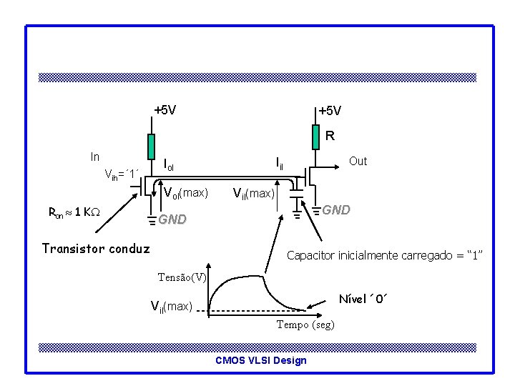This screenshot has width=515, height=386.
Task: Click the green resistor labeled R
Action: (x=314, y=137)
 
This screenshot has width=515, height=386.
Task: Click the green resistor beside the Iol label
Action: (x=151, y=147)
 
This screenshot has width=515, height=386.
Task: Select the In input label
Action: (x=95, y=157)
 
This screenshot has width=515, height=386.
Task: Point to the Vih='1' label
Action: (x=121, y=174)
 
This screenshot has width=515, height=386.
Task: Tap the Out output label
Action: (x=358, y=162)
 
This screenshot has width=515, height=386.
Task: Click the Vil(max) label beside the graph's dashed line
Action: (x=171, y=307)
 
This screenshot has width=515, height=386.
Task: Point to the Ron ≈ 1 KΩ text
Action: (x=73, y=212)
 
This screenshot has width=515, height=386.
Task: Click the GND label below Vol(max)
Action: (x=172, y=219)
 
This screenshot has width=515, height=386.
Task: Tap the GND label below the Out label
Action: (x=335, y=210)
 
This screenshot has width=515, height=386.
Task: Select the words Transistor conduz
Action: (x=96, y=248)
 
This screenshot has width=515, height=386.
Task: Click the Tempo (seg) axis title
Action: (x=305, y=325)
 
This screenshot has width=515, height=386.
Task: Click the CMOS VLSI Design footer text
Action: (x=260, y=360)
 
